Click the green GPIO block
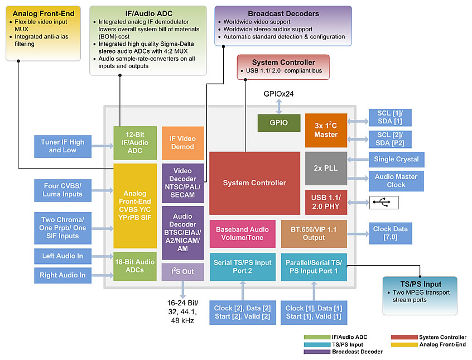(279, 123)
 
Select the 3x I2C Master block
(326, 129)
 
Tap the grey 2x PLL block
(326, 168)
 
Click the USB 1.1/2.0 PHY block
(326, 202)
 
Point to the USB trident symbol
(384, 202)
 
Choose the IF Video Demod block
(182, 142)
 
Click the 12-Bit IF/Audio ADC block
(135, 143)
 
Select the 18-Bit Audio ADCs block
(135, 266)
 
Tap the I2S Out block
(182, 272)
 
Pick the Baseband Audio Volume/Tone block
(242, 233)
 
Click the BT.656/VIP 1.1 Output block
(314, 233)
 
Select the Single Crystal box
(396, 159)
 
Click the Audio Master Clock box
(396, 180)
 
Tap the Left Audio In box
(62, 256)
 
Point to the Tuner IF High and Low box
(62, 146)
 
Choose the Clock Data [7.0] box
(390, 233)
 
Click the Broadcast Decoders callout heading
(283, 13)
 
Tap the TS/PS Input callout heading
(420, 284)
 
